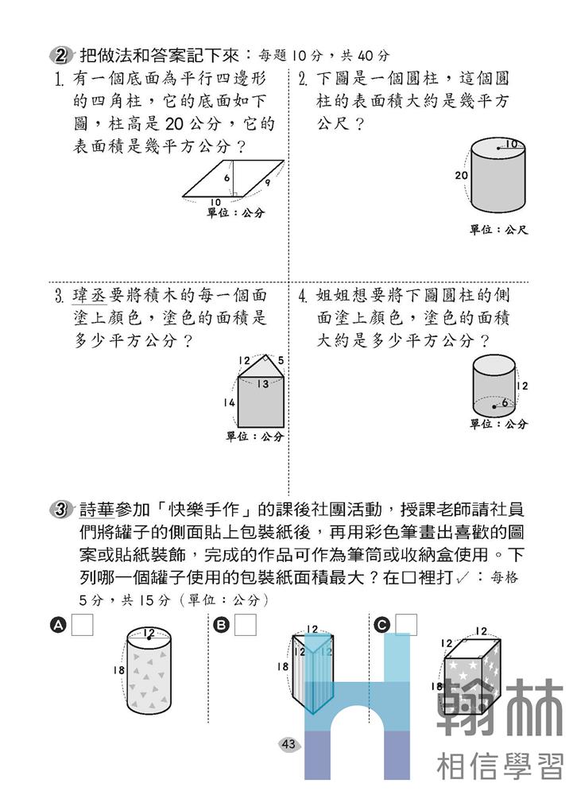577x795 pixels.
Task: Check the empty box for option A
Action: (x=83, y=625)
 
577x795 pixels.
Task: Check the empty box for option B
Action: (x=246, y=625)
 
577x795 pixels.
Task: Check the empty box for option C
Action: (x=406, y=625)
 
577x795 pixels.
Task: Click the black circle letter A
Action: (x=58, y=626)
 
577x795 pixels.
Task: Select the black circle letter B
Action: (x=222, y=626)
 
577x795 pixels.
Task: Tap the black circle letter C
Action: (x=382, y=626)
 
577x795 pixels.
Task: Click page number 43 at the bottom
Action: (x=288, y=744)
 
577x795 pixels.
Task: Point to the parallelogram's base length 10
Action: (x=215, y=201)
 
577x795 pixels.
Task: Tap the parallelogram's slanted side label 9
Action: (x=268, y=183)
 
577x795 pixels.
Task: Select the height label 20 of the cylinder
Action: (x=461, y=175)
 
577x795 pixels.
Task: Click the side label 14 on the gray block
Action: (x=229, y=403)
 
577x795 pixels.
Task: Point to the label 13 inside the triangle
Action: (x=262, y=384)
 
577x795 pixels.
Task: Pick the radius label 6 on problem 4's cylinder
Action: (x=503, y=403)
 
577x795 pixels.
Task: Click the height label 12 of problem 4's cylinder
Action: (x=522, y=386)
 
